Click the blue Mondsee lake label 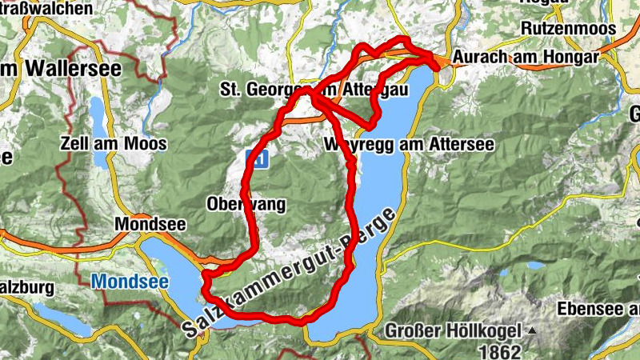coord(123,282)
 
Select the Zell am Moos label coord(114,144)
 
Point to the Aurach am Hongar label coord(525,58)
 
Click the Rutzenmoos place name coord(568,28)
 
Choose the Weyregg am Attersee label coord(410,145)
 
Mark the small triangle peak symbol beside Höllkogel coord(530,330)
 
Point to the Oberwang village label coord(246,204)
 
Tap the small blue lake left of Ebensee coord(534,265)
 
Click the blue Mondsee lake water coord(172,272)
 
